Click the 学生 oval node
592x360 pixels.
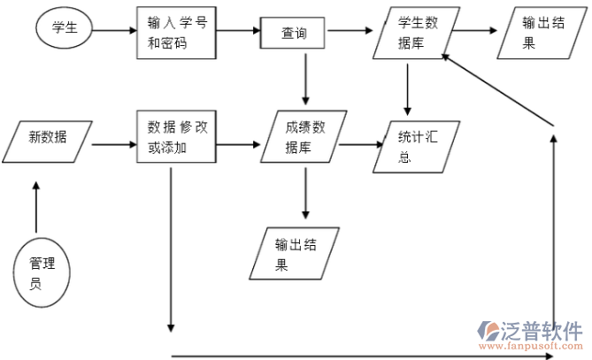tap(65, 28)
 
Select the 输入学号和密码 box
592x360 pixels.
tap(176, 33)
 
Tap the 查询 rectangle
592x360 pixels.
tap(294, 34)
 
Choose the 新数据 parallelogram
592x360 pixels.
tap(48, 137)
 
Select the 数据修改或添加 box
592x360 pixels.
tap(176, 137)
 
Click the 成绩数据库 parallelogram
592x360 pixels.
tap(304, 137)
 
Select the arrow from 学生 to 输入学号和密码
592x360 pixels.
tap(112, 29)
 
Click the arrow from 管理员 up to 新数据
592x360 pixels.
tap(35, 208)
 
